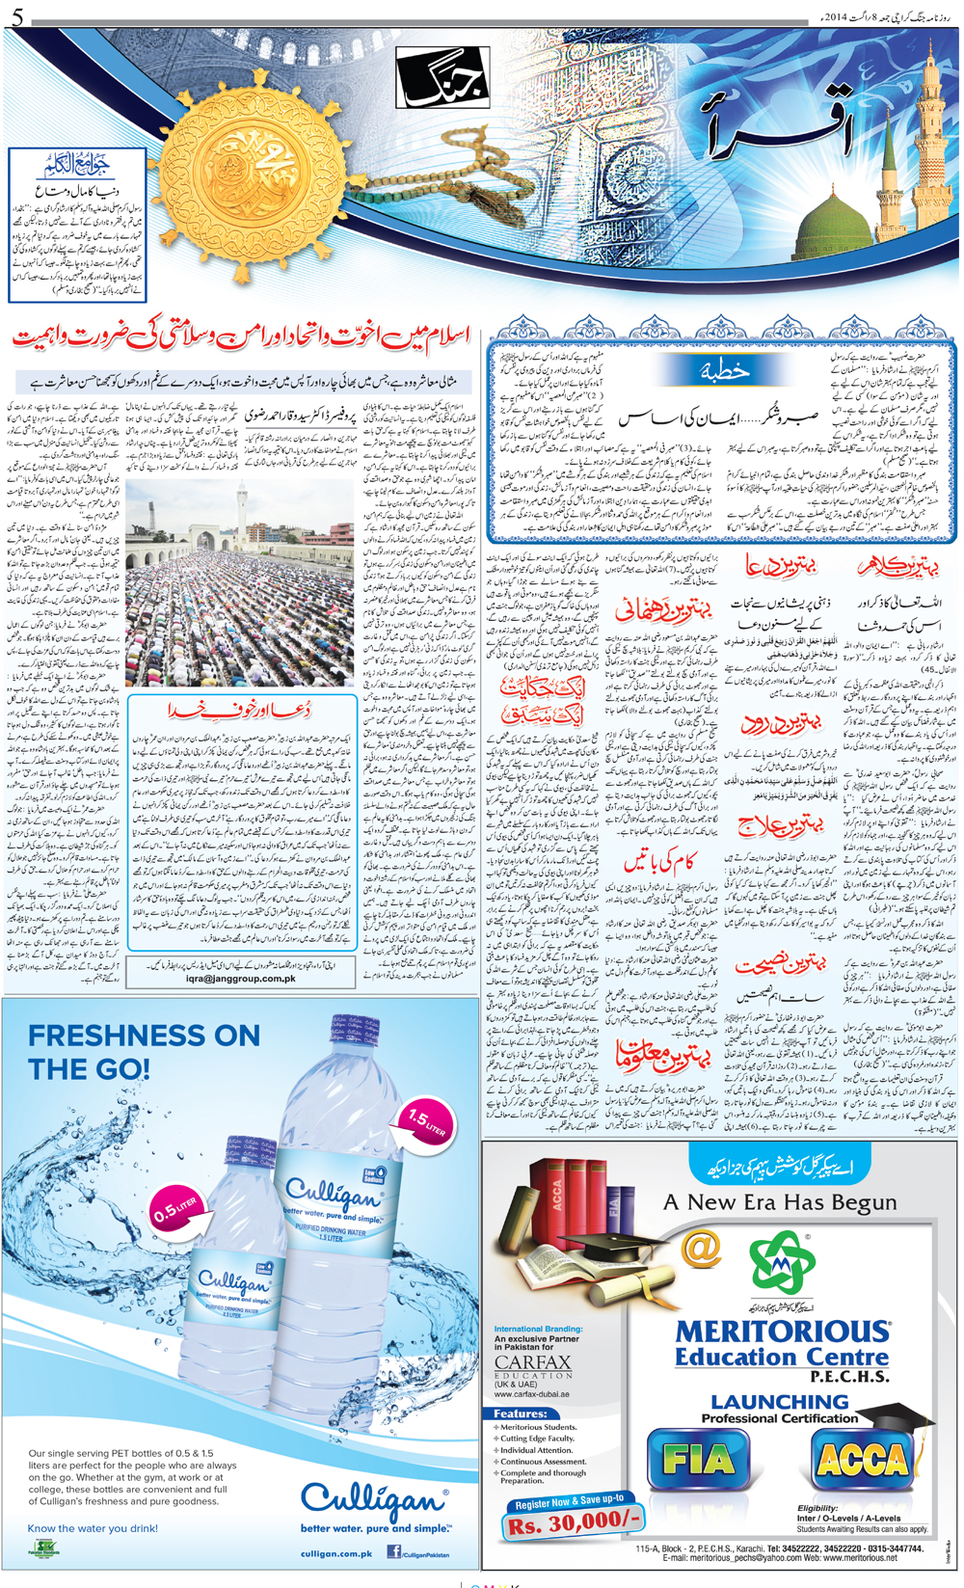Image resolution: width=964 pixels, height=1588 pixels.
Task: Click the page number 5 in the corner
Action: pyautogui.click(x=17, y=15)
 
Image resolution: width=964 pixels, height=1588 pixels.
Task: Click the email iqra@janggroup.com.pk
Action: pyautogui.click(x=241, y=978)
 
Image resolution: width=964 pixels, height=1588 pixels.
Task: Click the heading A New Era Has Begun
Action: pyautogui.click(x=779, y=1202)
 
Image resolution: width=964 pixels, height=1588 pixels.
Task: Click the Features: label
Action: pyautogui.click(x=521, y=1413)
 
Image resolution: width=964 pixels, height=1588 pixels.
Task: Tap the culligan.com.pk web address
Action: pyautogui.click(x=336, y=1553)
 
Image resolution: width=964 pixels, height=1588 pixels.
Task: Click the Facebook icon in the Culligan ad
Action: pyautogui.click(x=393, y=1551)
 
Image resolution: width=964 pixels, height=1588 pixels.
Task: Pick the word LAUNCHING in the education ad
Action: pyautogui.click(x=779, y=1402)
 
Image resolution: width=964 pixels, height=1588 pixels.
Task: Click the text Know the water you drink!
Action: pyautogui.click(x=93, y=1528)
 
